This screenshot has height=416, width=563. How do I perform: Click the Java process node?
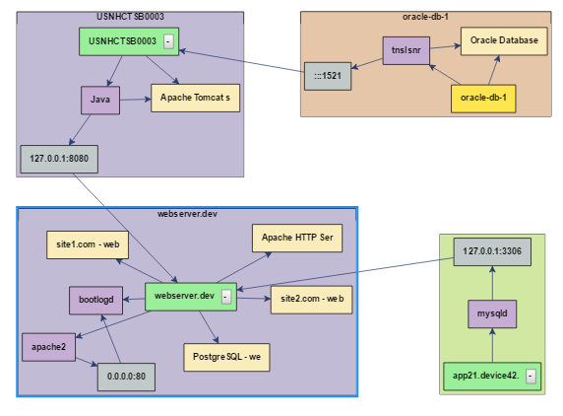coord(100,100)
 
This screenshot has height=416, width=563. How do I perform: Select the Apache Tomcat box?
coord(195,98)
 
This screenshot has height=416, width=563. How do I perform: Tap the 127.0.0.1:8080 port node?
coord(59,159)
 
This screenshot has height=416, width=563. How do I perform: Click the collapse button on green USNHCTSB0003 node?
coord(168,41)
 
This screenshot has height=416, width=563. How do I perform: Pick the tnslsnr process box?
coord(407,50)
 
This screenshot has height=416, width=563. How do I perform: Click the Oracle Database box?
coord(504,41)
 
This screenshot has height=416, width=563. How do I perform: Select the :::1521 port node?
coord(328,76)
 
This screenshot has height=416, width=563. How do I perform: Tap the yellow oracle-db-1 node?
coord(483,99)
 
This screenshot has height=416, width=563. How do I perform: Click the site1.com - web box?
coord(88,244)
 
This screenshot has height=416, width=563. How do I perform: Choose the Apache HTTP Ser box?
coord(297,238)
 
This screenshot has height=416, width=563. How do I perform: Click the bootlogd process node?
coord(95,301)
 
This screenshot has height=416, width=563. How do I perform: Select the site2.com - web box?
coord(312,300)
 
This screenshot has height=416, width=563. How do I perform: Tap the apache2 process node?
coord(48,347)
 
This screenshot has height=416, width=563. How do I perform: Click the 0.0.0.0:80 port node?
coord(126,377)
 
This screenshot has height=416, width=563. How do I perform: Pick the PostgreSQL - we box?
coord(226,358)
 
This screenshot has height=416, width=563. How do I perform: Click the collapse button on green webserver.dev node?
coord(226,297)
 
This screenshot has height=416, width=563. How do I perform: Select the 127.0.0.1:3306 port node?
coord(492,251)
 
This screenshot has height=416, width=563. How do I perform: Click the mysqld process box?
coord(492,313)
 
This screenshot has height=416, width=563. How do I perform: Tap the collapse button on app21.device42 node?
coord(532,377)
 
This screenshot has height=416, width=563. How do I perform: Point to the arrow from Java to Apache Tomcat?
coord(136,100)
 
